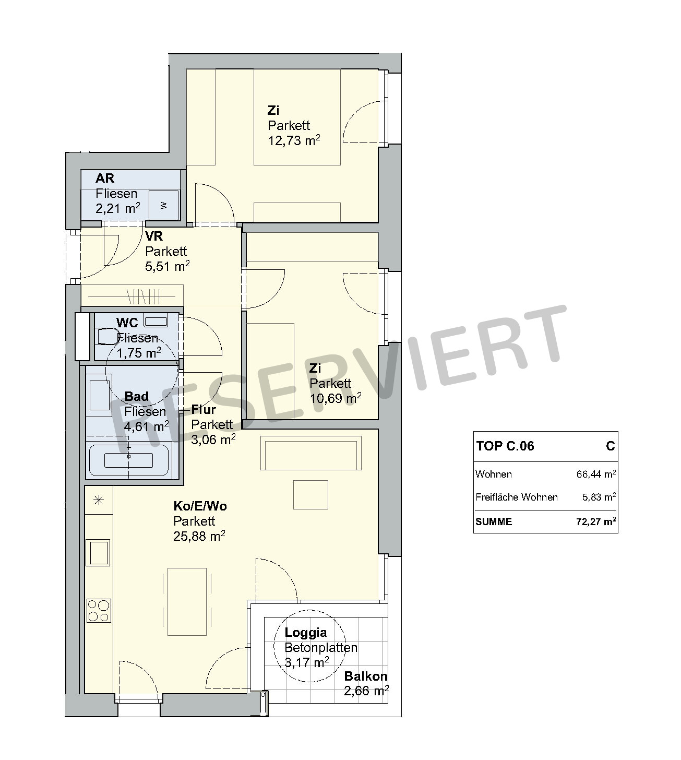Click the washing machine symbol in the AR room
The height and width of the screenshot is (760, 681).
point(163,205)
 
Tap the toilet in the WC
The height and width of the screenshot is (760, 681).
point(106,337)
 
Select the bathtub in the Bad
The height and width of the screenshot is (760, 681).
point(128,460)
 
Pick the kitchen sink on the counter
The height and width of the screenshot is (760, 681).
point(98,553)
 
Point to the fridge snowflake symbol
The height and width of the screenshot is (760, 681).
point(99,500)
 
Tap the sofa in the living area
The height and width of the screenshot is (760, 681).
point(311,453)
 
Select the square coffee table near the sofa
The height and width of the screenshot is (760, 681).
point(310,495)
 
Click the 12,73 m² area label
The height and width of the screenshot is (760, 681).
point(294,140)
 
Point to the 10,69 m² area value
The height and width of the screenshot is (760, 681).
point(336,398)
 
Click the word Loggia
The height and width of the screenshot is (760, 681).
point(306,633)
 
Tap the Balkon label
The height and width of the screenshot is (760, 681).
point(366,676)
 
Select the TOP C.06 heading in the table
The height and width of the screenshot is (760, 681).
point(505,446)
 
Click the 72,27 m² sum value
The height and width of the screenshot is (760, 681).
point(596,521)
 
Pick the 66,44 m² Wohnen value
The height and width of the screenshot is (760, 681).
point(596,474)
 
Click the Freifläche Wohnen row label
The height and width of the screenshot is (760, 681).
point(517,497)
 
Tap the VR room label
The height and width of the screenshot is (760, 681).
point(154,236)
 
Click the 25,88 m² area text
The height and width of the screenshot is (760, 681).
point(199,536)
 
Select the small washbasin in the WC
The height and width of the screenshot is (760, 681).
point(156,322)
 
